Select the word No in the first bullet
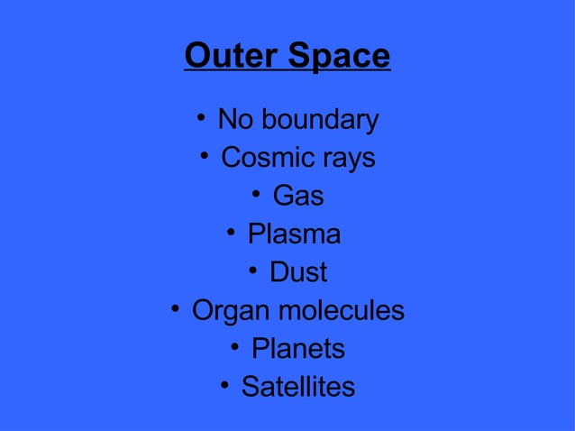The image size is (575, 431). pyautogui.click(x=236, y=120)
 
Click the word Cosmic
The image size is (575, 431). pyautogui.click(x=268, y=159)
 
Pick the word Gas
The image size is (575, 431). pyautogui.click(x=298, y=196)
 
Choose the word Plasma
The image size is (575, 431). pyautogui.click(x=294, y=234)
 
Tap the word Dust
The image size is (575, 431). pyautogui.click(x=298, y=272)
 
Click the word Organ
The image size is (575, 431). pyautogui.click(x=230, y=312)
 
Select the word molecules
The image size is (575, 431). pyautogui.click(x=341, y=311)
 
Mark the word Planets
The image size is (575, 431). pyautogui.click(x=298, y=349)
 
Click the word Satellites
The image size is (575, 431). pyautogui.click(x=298, y=388)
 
